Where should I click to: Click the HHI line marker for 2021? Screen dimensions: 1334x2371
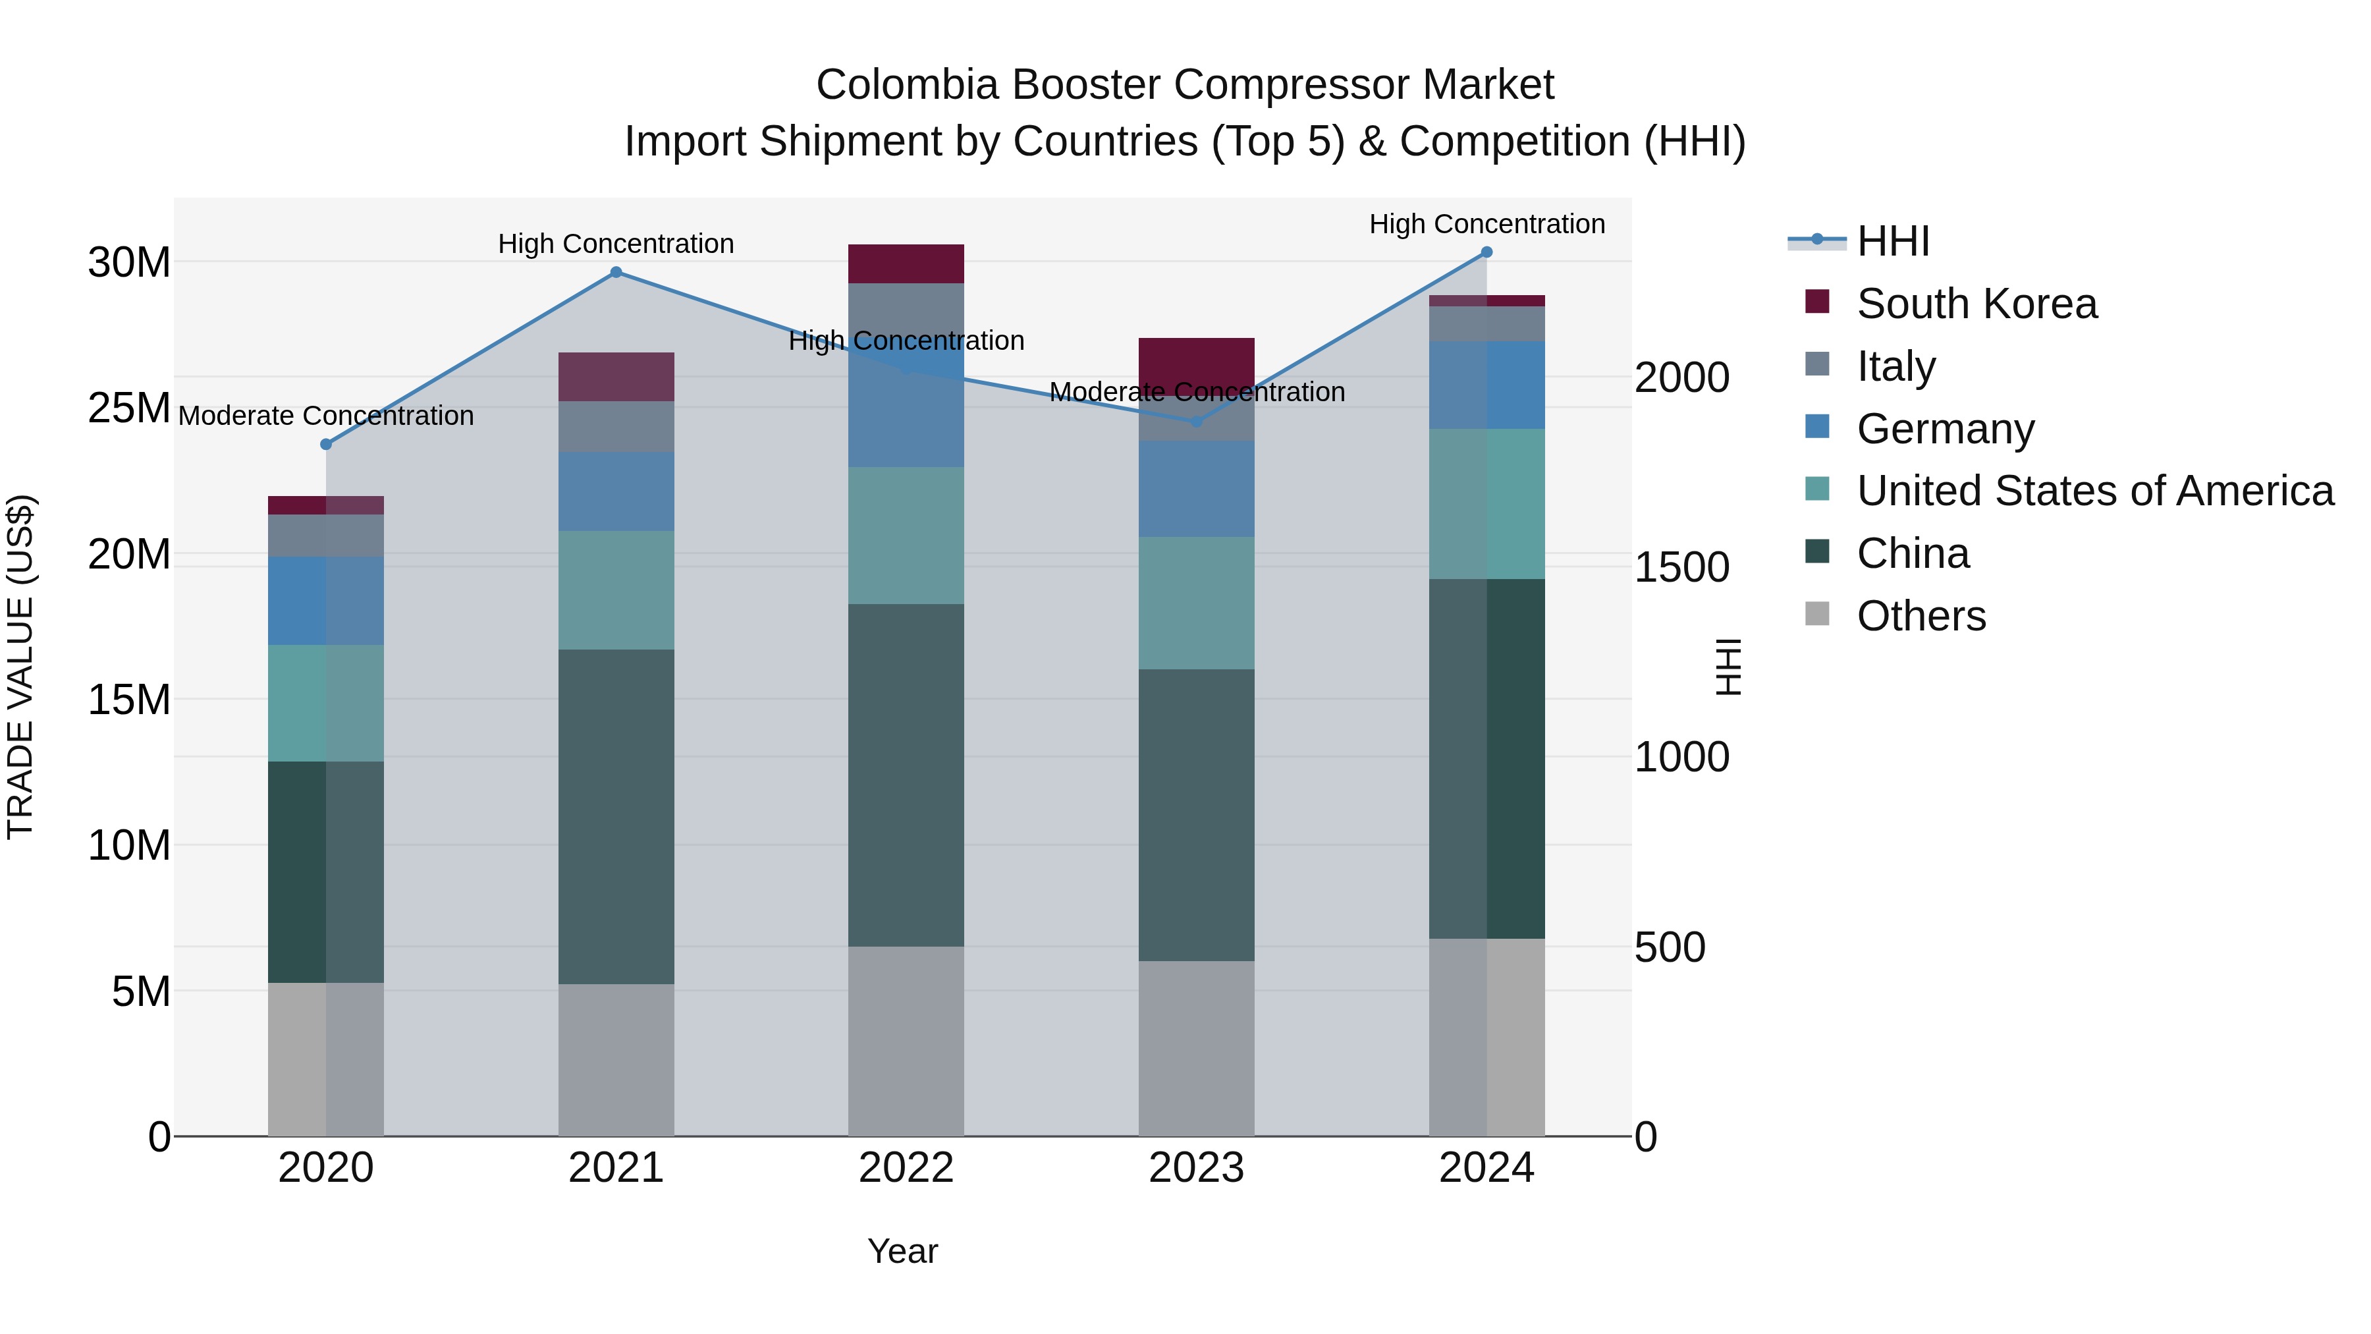[616, 273]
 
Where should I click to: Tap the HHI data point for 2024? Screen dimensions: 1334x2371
[1486, 252]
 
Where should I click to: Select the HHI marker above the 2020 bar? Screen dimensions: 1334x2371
[326, 445]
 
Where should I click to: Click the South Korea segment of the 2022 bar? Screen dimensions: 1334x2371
[906, 264]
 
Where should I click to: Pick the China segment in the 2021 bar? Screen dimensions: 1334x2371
[616, 817]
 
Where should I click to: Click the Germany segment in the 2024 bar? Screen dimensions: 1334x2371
[1486, 385]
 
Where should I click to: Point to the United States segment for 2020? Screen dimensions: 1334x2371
[326, 704]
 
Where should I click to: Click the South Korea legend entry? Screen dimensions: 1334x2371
[1976, 304]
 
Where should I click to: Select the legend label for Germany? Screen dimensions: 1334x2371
[1945, 429]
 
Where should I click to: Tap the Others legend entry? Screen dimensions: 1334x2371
[1921, 616]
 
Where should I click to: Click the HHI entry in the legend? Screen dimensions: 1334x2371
[1892, 241]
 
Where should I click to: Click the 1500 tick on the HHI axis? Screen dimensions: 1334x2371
[1681, 568]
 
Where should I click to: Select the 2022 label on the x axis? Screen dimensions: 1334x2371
[906, 1168]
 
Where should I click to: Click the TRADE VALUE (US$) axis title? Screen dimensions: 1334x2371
[20, 667]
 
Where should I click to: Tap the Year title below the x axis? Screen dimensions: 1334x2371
[902, 1251]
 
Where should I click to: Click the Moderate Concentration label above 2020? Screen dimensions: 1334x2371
[326, 416]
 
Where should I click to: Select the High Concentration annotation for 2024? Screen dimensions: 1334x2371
[1486, 225]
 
